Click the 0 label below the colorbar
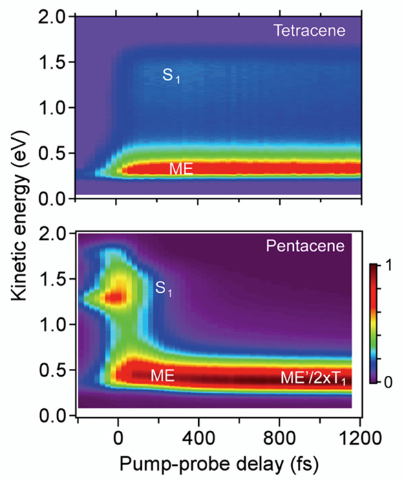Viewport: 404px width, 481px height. pyautogui.click(x=383, y=380)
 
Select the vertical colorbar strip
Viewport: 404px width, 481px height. pyautogui.click(x=373, y=323)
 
